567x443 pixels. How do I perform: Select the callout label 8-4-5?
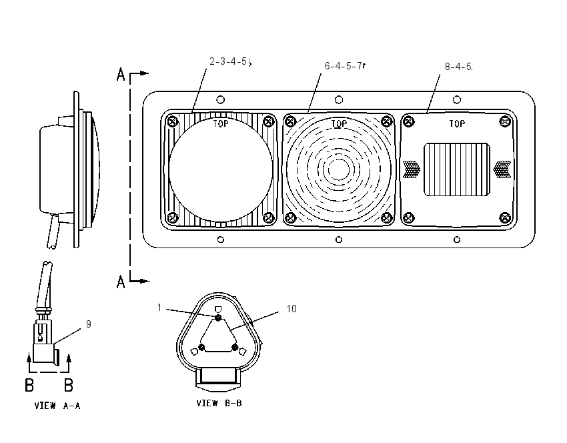tap(458, 67)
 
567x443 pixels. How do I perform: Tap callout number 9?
tap(89, 324)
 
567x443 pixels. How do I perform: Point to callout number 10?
tap(292, 309)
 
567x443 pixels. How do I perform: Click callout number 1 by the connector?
tap(159, 308)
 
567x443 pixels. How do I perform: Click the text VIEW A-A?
tap(57, 406)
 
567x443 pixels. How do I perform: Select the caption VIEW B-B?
tap(219, 403)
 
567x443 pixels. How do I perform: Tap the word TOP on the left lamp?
tap(221, 123)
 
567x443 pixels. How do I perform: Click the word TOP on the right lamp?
tap(457, 123)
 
